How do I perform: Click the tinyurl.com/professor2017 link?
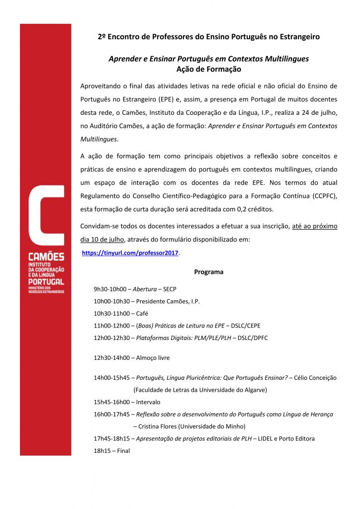(130, 253)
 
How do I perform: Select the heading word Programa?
(209, 272)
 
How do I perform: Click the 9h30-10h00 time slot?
(111, 289)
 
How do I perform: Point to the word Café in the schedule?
(142, 314)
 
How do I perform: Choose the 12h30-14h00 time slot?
(111, 357)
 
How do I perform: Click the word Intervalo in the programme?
(148, 402)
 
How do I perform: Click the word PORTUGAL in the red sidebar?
(46, 282)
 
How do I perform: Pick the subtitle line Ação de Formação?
(208, 69)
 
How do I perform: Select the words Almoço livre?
(153, 357)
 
